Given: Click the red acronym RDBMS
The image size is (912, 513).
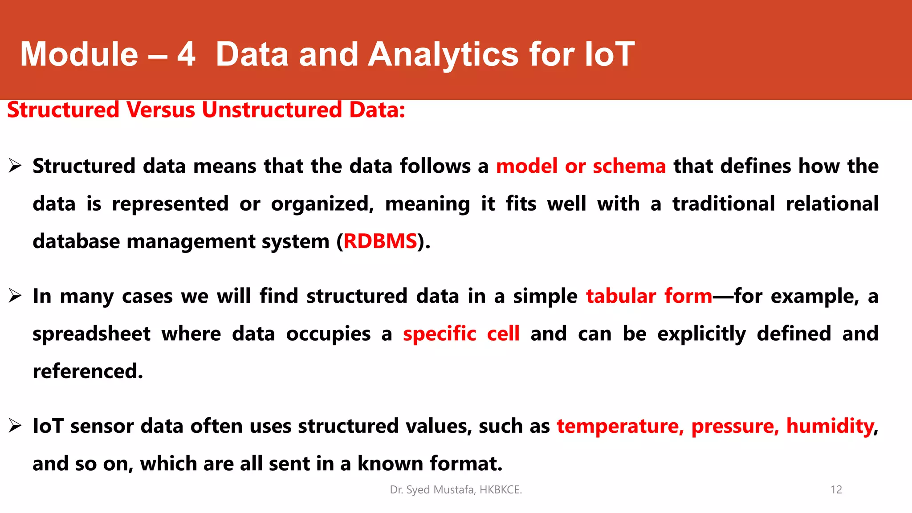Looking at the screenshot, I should point(380,241).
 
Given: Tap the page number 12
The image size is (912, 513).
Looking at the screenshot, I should point(836,490).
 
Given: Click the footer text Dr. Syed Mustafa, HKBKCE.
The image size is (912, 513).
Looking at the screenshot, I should point(456,490).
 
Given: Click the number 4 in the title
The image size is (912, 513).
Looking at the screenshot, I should point(186,54).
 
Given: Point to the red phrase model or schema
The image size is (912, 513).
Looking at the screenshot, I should point(581,166).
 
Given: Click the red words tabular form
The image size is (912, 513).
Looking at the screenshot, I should point(649,296).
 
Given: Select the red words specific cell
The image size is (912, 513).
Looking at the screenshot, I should point(461,334).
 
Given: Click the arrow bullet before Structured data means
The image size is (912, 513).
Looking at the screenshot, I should point(15,166).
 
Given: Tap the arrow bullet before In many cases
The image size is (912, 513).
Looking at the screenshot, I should point(15,296).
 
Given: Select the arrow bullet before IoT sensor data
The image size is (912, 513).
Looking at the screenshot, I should point(15,426).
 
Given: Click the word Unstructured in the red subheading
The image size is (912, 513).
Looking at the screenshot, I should point(272,110).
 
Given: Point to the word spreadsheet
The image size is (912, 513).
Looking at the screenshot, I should point(91,334).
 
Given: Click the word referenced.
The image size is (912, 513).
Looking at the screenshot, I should point(88,371).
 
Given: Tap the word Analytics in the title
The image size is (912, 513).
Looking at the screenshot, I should point(443,54).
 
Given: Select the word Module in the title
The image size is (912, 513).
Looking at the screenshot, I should point(79,54).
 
